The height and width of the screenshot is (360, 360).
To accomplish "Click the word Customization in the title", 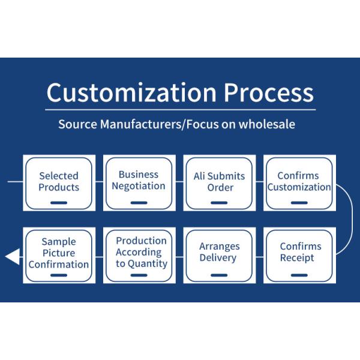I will click(x=131, y=93).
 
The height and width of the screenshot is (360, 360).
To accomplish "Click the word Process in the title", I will click(x=269, y=93).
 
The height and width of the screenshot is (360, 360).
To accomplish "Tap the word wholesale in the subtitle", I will click(x=266, y=124).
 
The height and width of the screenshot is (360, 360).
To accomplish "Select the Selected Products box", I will click(x=59, y=182).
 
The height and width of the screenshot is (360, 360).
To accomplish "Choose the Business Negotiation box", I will click(x=139, y=182).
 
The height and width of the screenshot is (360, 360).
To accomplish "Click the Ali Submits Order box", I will click(x=219, y=182).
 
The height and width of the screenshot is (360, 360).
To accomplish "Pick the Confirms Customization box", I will click(x=299, y=182).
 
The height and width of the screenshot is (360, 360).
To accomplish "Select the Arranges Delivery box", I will click(x=219, y=254).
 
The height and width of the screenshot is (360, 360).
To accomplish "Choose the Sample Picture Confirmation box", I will click(x=59, y=254).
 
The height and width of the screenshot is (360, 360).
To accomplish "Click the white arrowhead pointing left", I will click(x=12, y=257).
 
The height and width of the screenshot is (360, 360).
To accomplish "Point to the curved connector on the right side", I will click(x=349, y=219).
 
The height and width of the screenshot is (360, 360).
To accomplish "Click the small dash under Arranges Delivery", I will click(x=219, y=275).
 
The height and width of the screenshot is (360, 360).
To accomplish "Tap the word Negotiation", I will click(x=139, y=186).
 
